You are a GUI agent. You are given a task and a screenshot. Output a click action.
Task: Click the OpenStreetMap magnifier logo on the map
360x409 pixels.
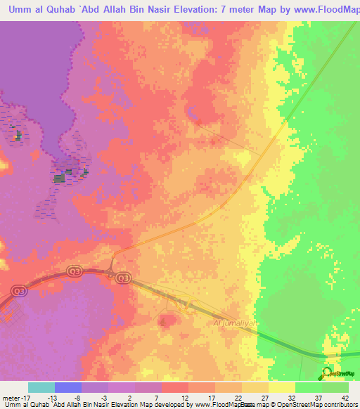pos(325,372)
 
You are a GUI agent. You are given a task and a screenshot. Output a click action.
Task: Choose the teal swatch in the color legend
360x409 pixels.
pos(41,387)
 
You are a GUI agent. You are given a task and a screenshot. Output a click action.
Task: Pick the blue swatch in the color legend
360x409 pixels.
pos(68,387)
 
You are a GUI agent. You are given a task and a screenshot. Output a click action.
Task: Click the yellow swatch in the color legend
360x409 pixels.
pos(282,387)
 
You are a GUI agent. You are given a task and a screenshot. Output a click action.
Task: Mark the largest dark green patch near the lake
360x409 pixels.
pos(59,178)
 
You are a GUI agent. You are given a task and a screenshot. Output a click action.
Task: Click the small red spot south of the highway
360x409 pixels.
pos(166,321)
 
